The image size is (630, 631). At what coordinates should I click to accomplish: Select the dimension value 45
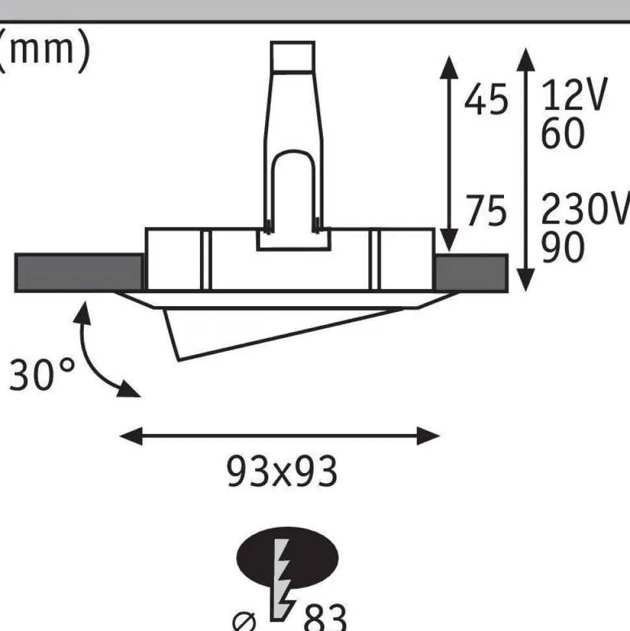486,99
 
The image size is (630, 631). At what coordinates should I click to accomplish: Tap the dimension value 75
486,210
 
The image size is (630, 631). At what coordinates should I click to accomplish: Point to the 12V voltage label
574,95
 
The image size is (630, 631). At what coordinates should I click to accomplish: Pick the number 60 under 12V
562,133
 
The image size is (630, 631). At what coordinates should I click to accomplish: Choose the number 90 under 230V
562,247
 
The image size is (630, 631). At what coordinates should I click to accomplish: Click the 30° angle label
42,374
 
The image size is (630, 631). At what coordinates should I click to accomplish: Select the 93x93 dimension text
282,471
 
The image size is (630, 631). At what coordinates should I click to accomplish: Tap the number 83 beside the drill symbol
325,618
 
